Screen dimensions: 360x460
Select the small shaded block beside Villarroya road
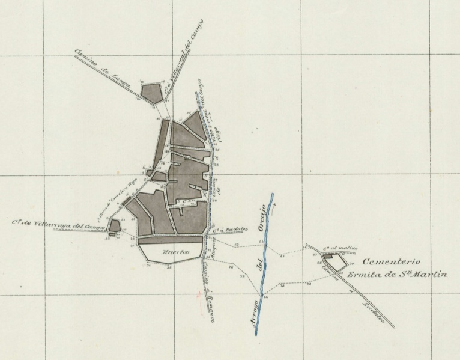click(114, 227)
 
